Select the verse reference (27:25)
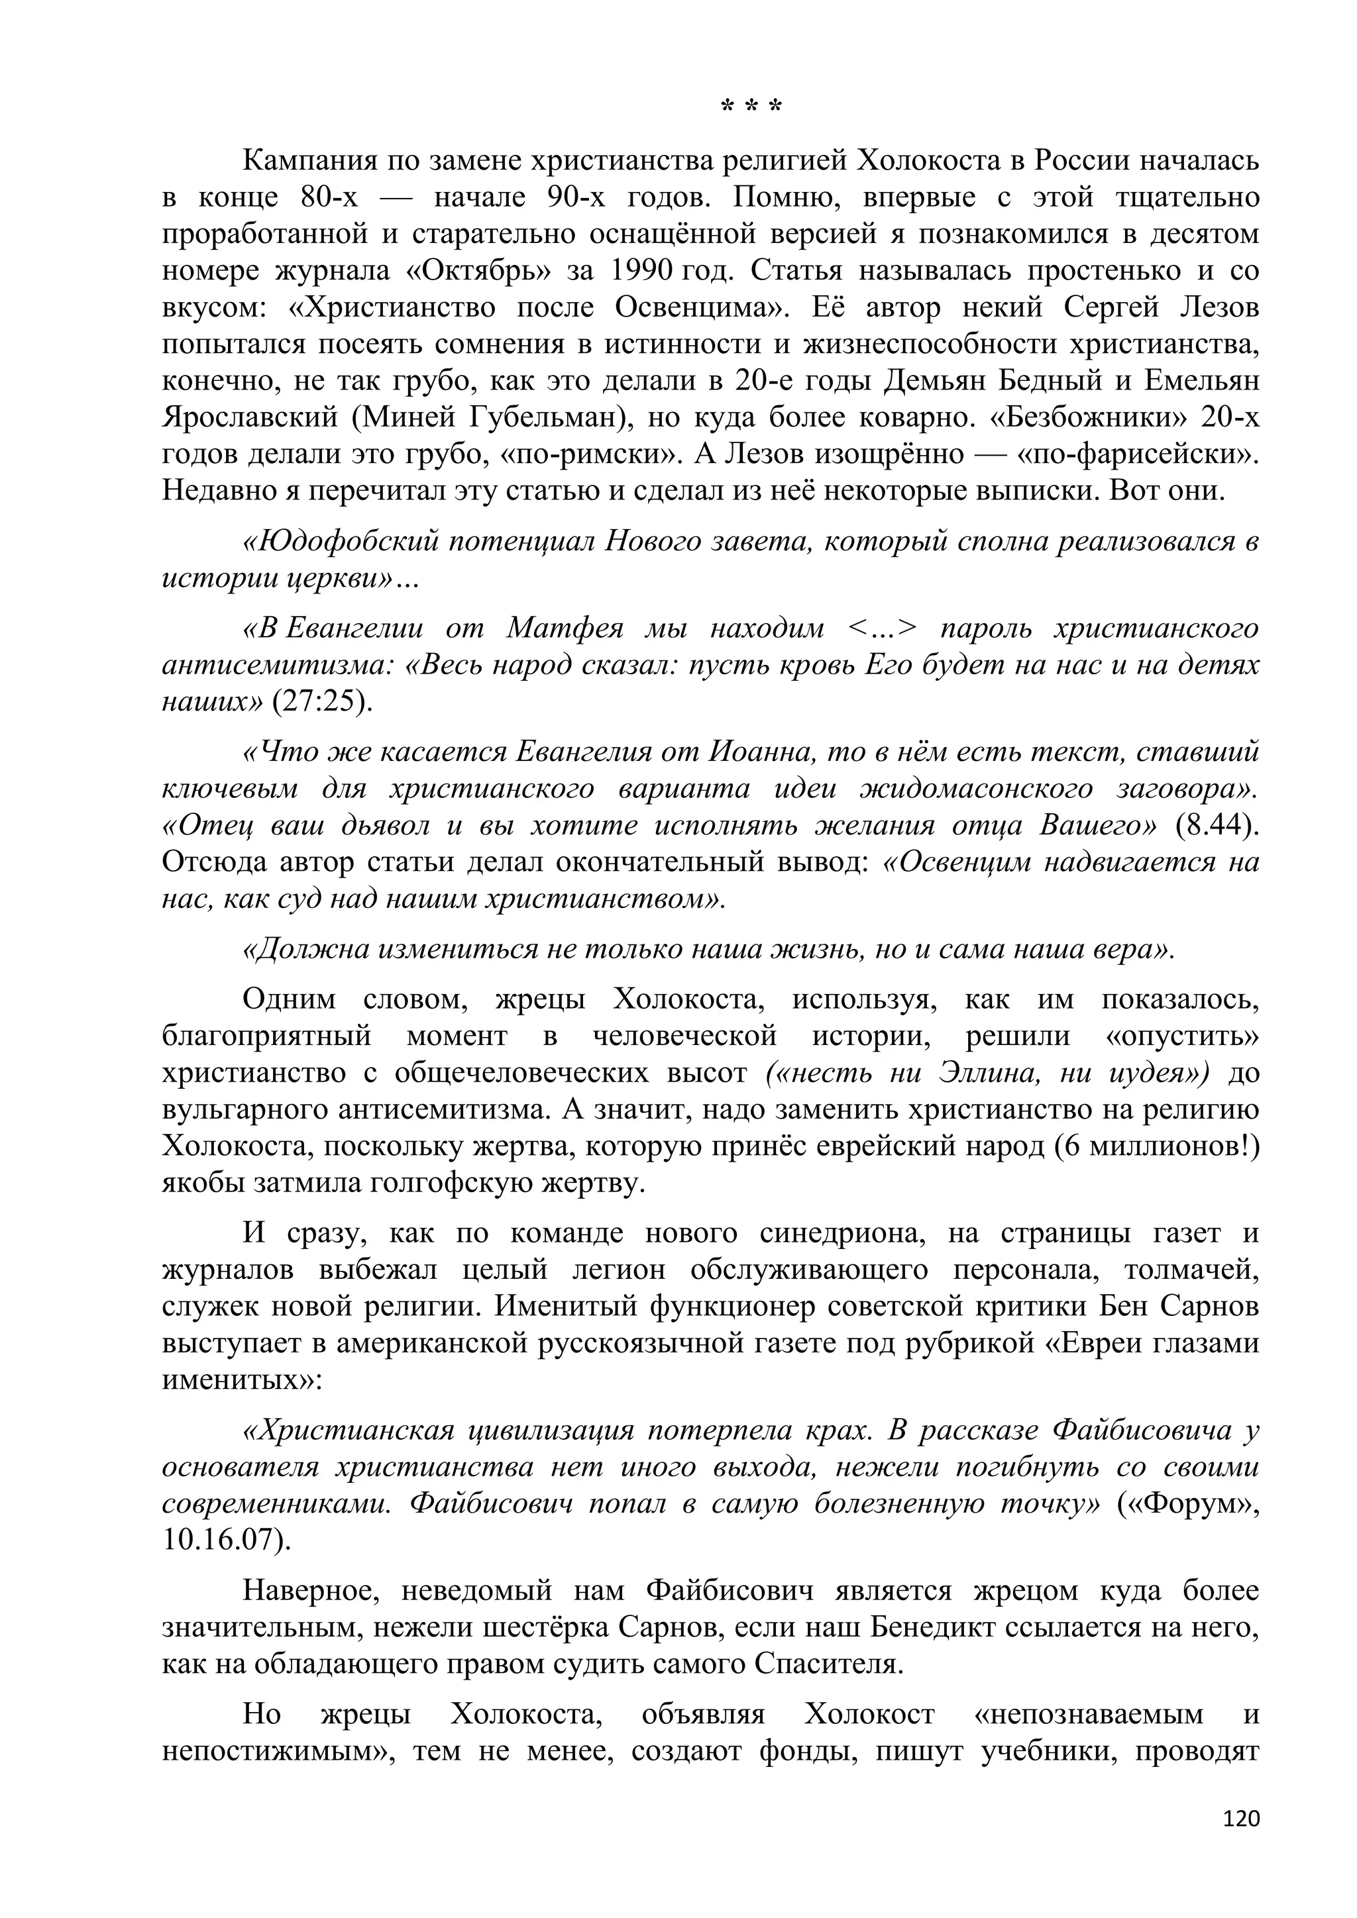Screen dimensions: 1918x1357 pyautogui.click(x=322, y=702)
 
